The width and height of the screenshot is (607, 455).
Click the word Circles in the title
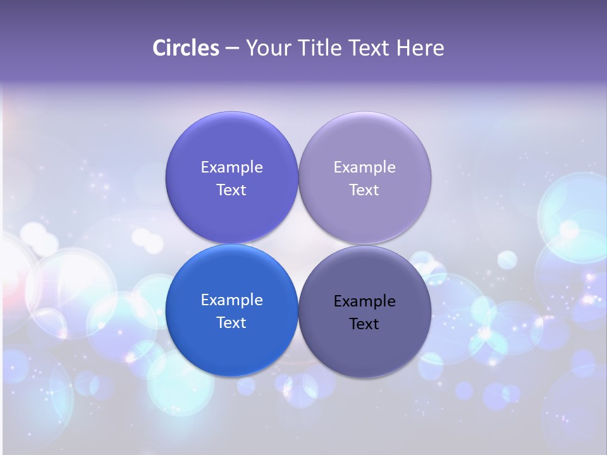click(186, 48)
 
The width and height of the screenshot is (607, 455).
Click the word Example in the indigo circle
click(231, 167)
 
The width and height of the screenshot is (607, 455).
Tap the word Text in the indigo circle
click(231, 190)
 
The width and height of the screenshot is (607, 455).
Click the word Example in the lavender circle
click(364, 167)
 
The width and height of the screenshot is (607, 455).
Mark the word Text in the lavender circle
click(364, 190)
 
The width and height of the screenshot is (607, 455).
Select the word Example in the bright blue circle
click(231, 300)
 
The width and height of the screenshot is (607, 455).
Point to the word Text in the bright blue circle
click(231, 322)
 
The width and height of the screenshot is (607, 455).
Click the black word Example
click(364, 301)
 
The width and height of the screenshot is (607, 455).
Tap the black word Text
click(364, 324)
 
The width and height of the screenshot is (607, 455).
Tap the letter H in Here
click(403, 48)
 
